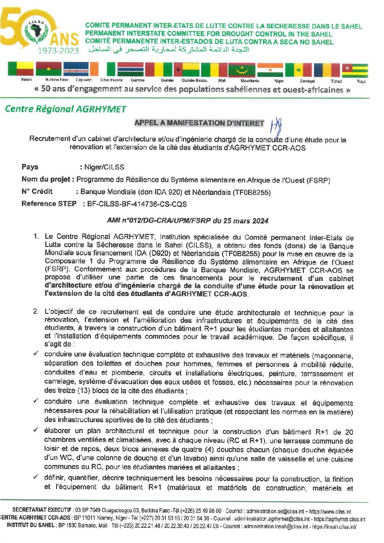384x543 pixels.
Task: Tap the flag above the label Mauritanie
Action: tap(242, 70)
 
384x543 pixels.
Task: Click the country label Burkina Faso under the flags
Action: tap(57, 80)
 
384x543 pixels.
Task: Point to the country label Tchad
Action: tap(336, 81)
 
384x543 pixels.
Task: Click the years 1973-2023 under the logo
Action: tap(58, 50)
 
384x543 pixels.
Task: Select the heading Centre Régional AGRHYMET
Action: tap(65, 109)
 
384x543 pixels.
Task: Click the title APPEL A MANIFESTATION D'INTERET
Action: tap(199, 123)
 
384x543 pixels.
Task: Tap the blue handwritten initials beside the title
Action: tap(277, 127)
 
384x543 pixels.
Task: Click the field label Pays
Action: tap(30, 167)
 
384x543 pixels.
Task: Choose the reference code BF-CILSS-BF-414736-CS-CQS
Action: tap(137, 204)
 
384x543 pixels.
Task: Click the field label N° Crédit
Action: tap(37, 192)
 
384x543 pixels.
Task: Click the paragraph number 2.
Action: tap(36, 312)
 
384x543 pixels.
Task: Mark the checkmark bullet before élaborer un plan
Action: tap(36, 431)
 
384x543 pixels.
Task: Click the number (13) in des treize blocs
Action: tap(84, 391)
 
